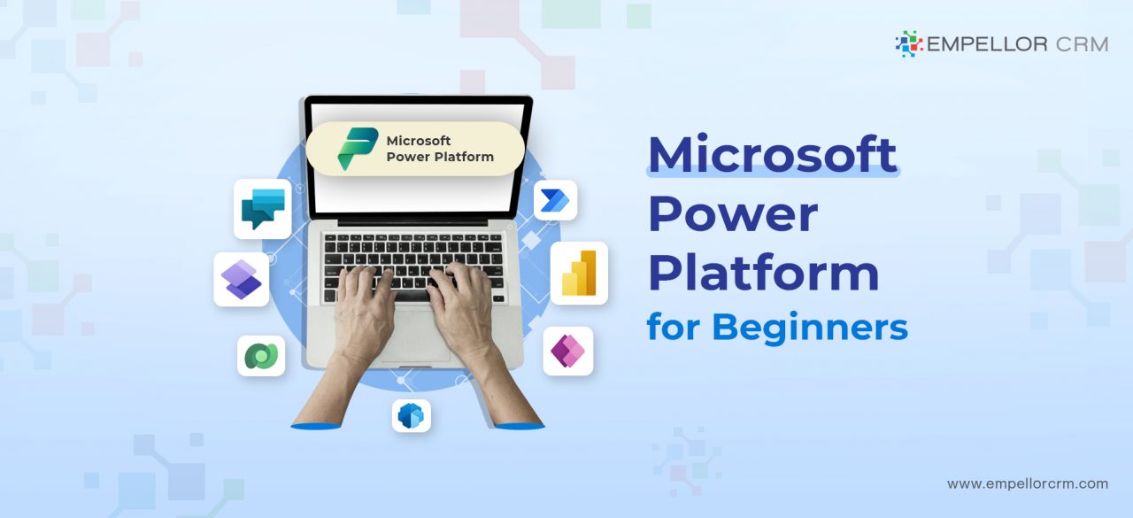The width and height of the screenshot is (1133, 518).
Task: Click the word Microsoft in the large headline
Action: point(772,154)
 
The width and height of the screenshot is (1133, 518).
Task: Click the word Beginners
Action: point(810,328)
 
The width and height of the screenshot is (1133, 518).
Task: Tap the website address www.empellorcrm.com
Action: point(1027,483)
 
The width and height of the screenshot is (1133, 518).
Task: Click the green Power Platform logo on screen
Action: point(358,149)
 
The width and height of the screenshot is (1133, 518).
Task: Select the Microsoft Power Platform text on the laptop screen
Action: point(440,149)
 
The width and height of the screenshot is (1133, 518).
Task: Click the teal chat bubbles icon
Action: point(263,209)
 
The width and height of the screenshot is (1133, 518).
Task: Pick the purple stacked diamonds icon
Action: point(242,280)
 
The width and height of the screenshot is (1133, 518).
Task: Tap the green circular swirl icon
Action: point(261,356)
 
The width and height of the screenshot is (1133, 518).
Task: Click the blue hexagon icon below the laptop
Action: point(411,415)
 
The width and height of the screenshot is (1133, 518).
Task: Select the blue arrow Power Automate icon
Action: point(555,201)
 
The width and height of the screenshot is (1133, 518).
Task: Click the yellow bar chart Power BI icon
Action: point(579,273)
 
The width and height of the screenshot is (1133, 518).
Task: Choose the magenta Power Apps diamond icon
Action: point(567,352)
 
